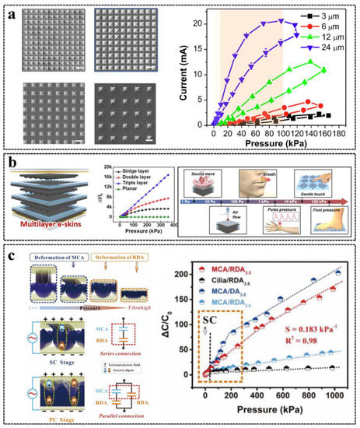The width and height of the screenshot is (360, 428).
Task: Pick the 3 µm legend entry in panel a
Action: coord(325,13)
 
